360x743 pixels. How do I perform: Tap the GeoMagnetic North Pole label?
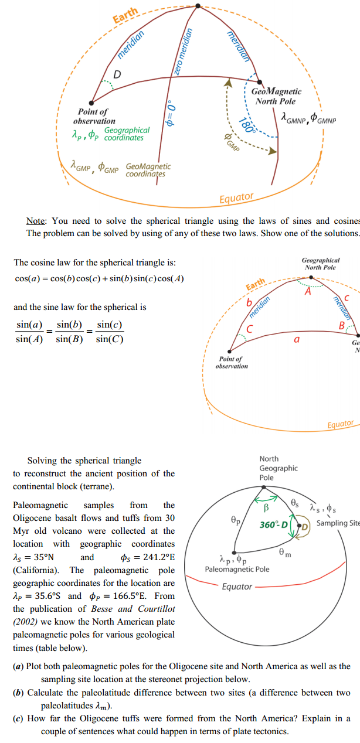point(276,96)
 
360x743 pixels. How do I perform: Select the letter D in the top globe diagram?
point(117,74)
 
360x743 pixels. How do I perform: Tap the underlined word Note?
point(36,221)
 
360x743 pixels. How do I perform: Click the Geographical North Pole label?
point(320,263)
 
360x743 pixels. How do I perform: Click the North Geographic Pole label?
point(279,468)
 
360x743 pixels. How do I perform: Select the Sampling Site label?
point(338,523)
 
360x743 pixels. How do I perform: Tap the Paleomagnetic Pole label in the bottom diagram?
point(237,569)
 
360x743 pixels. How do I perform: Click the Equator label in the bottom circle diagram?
point(237,587)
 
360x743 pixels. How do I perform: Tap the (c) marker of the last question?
point(19,718)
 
